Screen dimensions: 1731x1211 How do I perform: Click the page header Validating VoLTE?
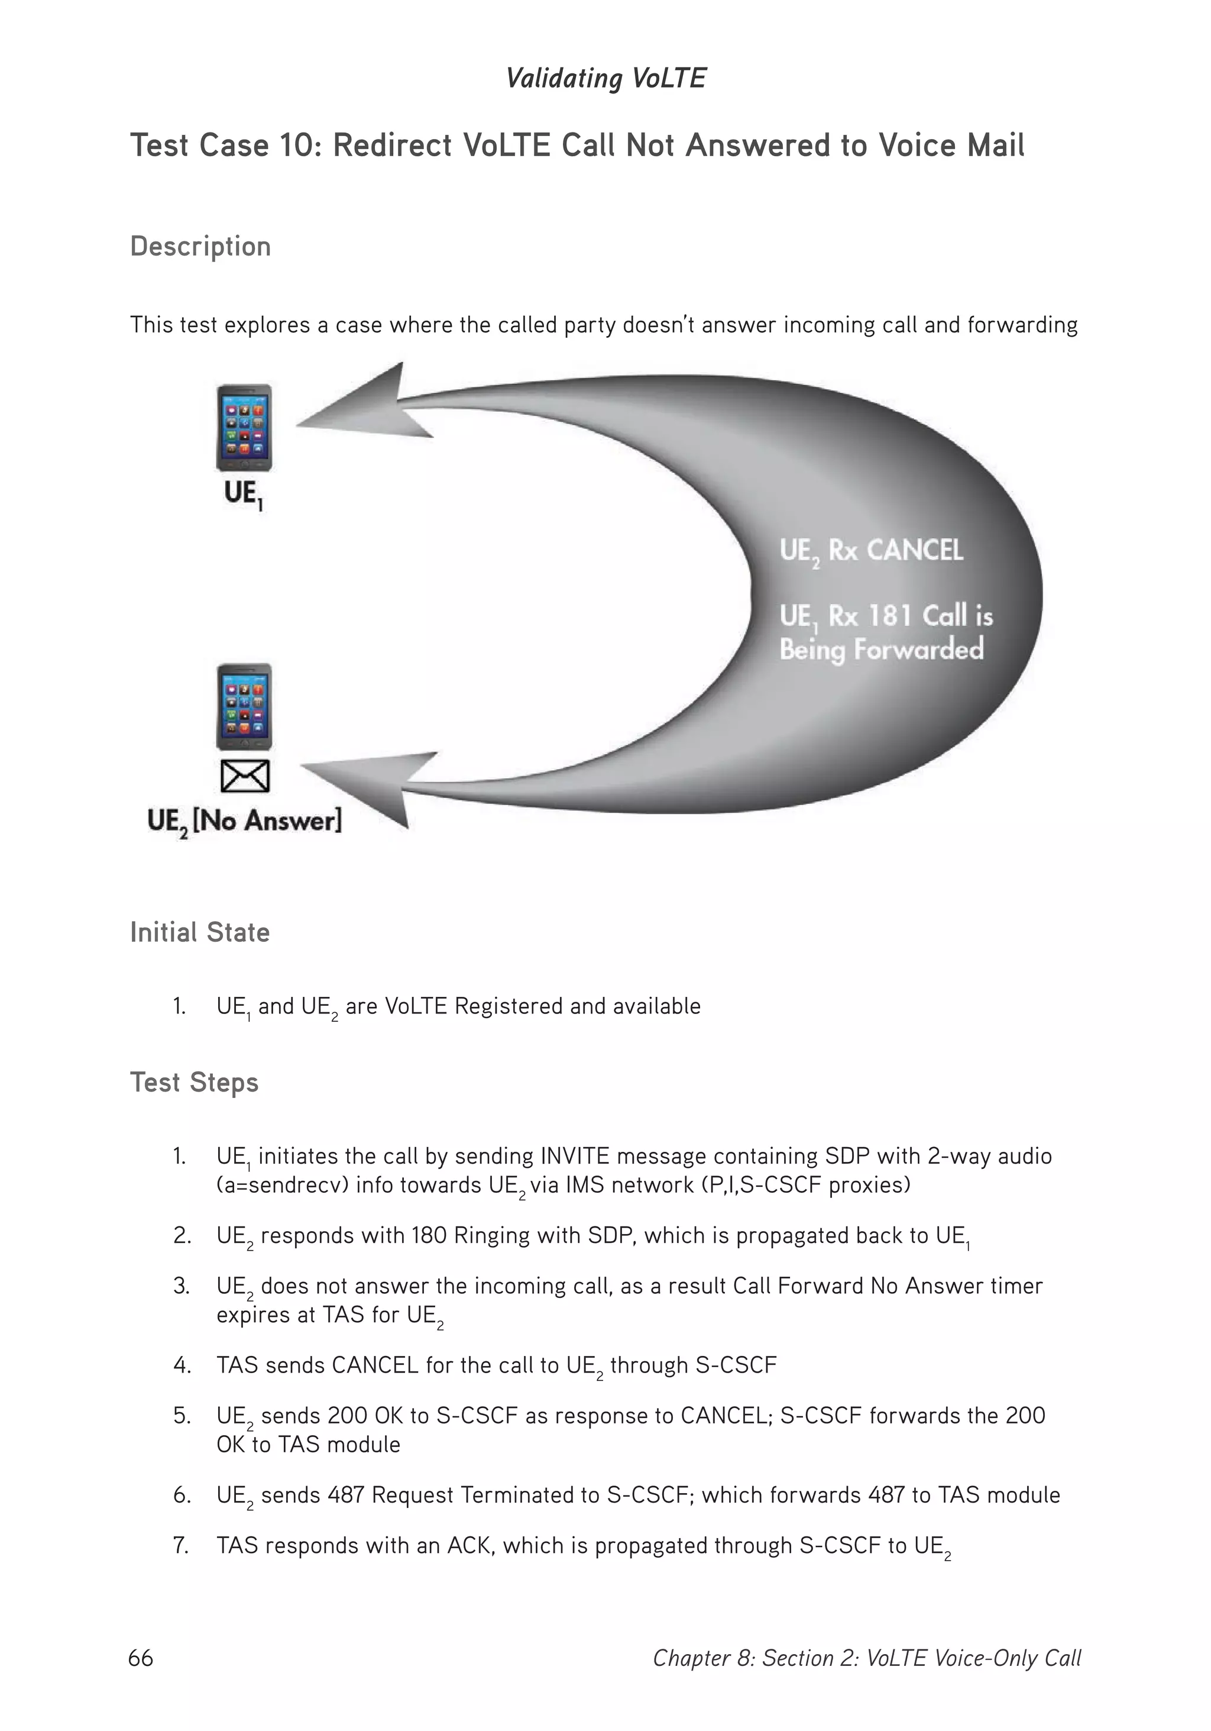pos(605,79)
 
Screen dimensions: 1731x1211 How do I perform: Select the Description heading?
pos(200,247)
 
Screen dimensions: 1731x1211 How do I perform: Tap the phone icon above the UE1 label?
pos(244,428)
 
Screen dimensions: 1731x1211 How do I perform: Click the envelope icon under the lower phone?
pos(245,776)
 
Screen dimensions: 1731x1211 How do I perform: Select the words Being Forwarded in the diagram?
pos(881,649)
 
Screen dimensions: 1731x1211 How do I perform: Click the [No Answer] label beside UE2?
pos(267,821)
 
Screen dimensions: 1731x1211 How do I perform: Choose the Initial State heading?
pos(200,932)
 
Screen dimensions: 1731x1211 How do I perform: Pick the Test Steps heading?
pos(195,1083)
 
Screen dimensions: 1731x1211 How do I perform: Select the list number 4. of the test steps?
pos(182,1365)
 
